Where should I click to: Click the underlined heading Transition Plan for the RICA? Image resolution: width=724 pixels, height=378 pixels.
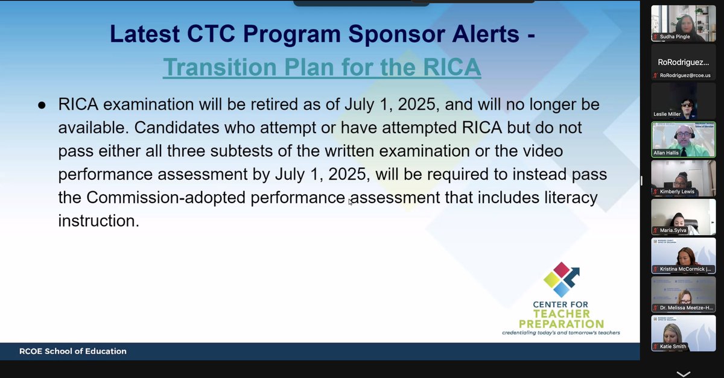tap(322, 67)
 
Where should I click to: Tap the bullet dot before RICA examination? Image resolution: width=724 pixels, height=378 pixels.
tap(42, 106)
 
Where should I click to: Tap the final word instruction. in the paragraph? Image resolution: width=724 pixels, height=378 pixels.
tap(98, 221)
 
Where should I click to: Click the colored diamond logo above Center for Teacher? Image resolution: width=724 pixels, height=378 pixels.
tap(560, 279)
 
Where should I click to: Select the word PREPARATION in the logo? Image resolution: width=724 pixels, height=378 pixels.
tap(560, 324)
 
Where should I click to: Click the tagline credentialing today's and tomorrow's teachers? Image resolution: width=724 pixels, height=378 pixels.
tap(560, 333)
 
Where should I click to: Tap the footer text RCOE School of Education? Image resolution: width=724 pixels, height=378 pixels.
tap(63, 351)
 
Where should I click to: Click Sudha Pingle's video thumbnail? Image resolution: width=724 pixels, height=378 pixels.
tap(683, 23)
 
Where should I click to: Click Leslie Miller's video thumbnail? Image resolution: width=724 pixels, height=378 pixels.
tap(683, 100)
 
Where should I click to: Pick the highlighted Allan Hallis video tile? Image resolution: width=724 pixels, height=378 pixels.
tap(683, 139)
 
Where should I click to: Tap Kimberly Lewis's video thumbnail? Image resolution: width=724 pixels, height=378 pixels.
tap(683, 178)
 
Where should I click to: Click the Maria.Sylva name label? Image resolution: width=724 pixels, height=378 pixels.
tap(672, 230)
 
